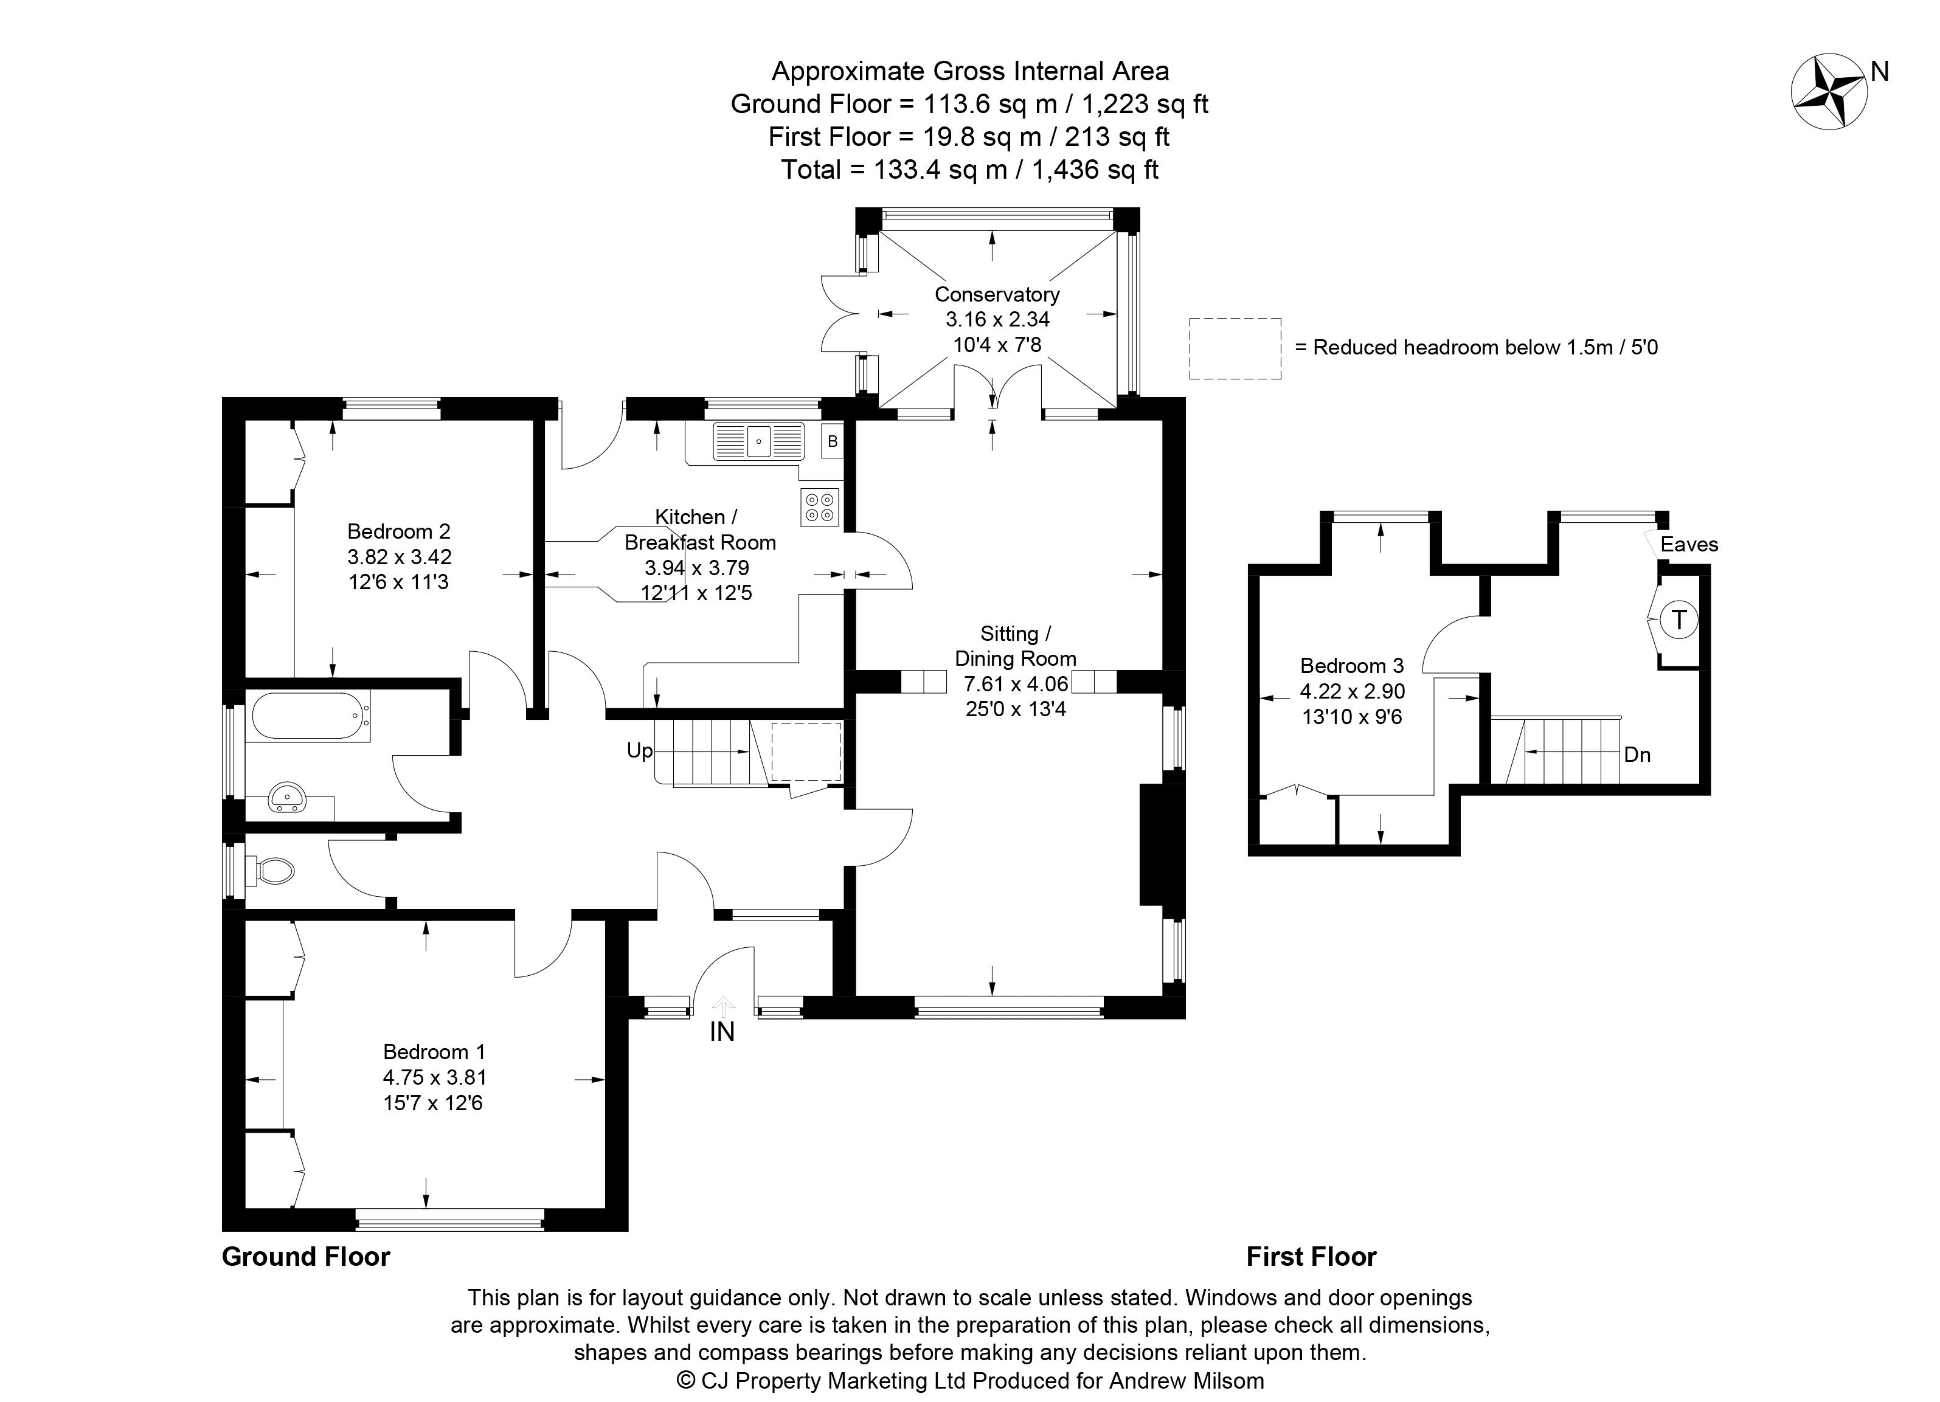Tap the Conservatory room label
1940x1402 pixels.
coord(997,295)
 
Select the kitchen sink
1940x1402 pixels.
coord(759,441)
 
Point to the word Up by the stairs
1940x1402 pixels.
coord(640,751)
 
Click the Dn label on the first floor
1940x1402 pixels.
coord(1637,755)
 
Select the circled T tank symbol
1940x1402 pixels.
coord(1679,620)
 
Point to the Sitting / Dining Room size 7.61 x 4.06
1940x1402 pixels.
coord(1016,684)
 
